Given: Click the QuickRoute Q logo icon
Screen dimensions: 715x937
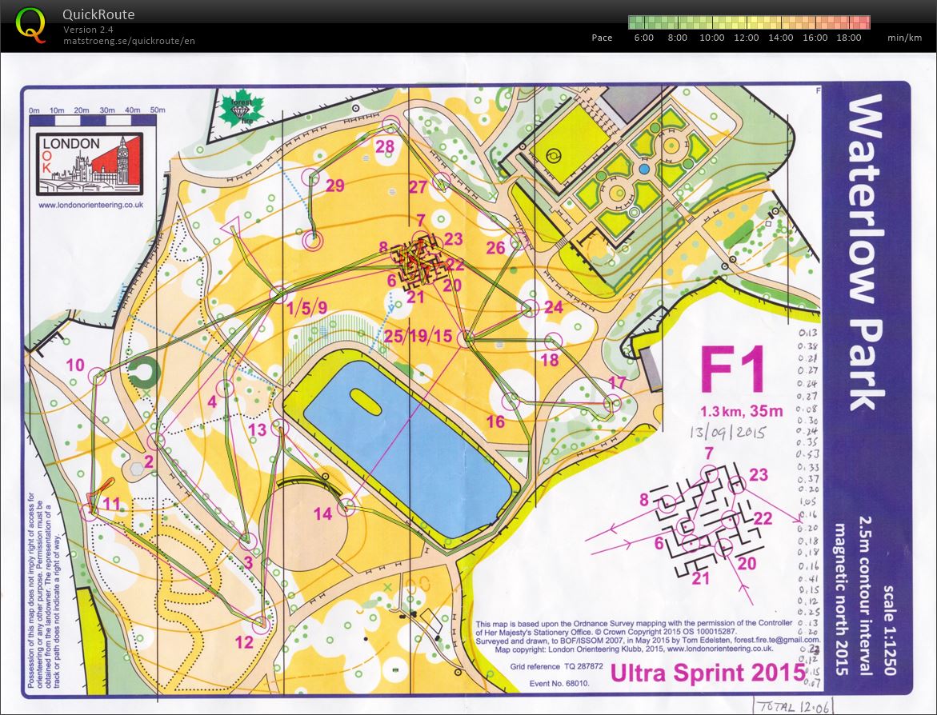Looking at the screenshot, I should tap(31, 25).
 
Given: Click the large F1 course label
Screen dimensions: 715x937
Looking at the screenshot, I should tap(733, 372).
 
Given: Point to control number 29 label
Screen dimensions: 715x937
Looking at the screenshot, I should tap(334, 186).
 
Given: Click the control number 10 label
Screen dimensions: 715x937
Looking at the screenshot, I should tap(75, 365).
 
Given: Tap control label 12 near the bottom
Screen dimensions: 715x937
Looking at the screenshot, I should tap(244, 641).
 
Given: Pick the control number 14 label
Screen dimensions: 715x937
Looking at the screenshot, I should tap(322, 514).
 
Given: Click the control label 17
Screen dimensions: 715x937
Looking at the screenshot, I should tap(617, 381).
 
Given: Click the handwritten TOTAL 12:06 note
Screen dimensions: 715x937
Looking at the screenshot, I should tap(781, 706).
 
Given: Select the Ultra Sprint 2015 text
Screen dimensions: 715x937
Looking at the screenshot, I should tap(707, 673).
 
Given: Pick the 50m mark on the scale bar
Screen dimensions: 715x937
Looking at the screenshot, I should tap(157, 110).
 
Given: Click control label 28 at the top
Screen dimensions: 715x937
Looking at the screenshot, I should tap(385, 146).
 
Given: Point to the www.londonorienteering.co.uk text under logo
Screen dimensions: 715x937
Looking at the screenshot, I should tap(90, 205).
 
